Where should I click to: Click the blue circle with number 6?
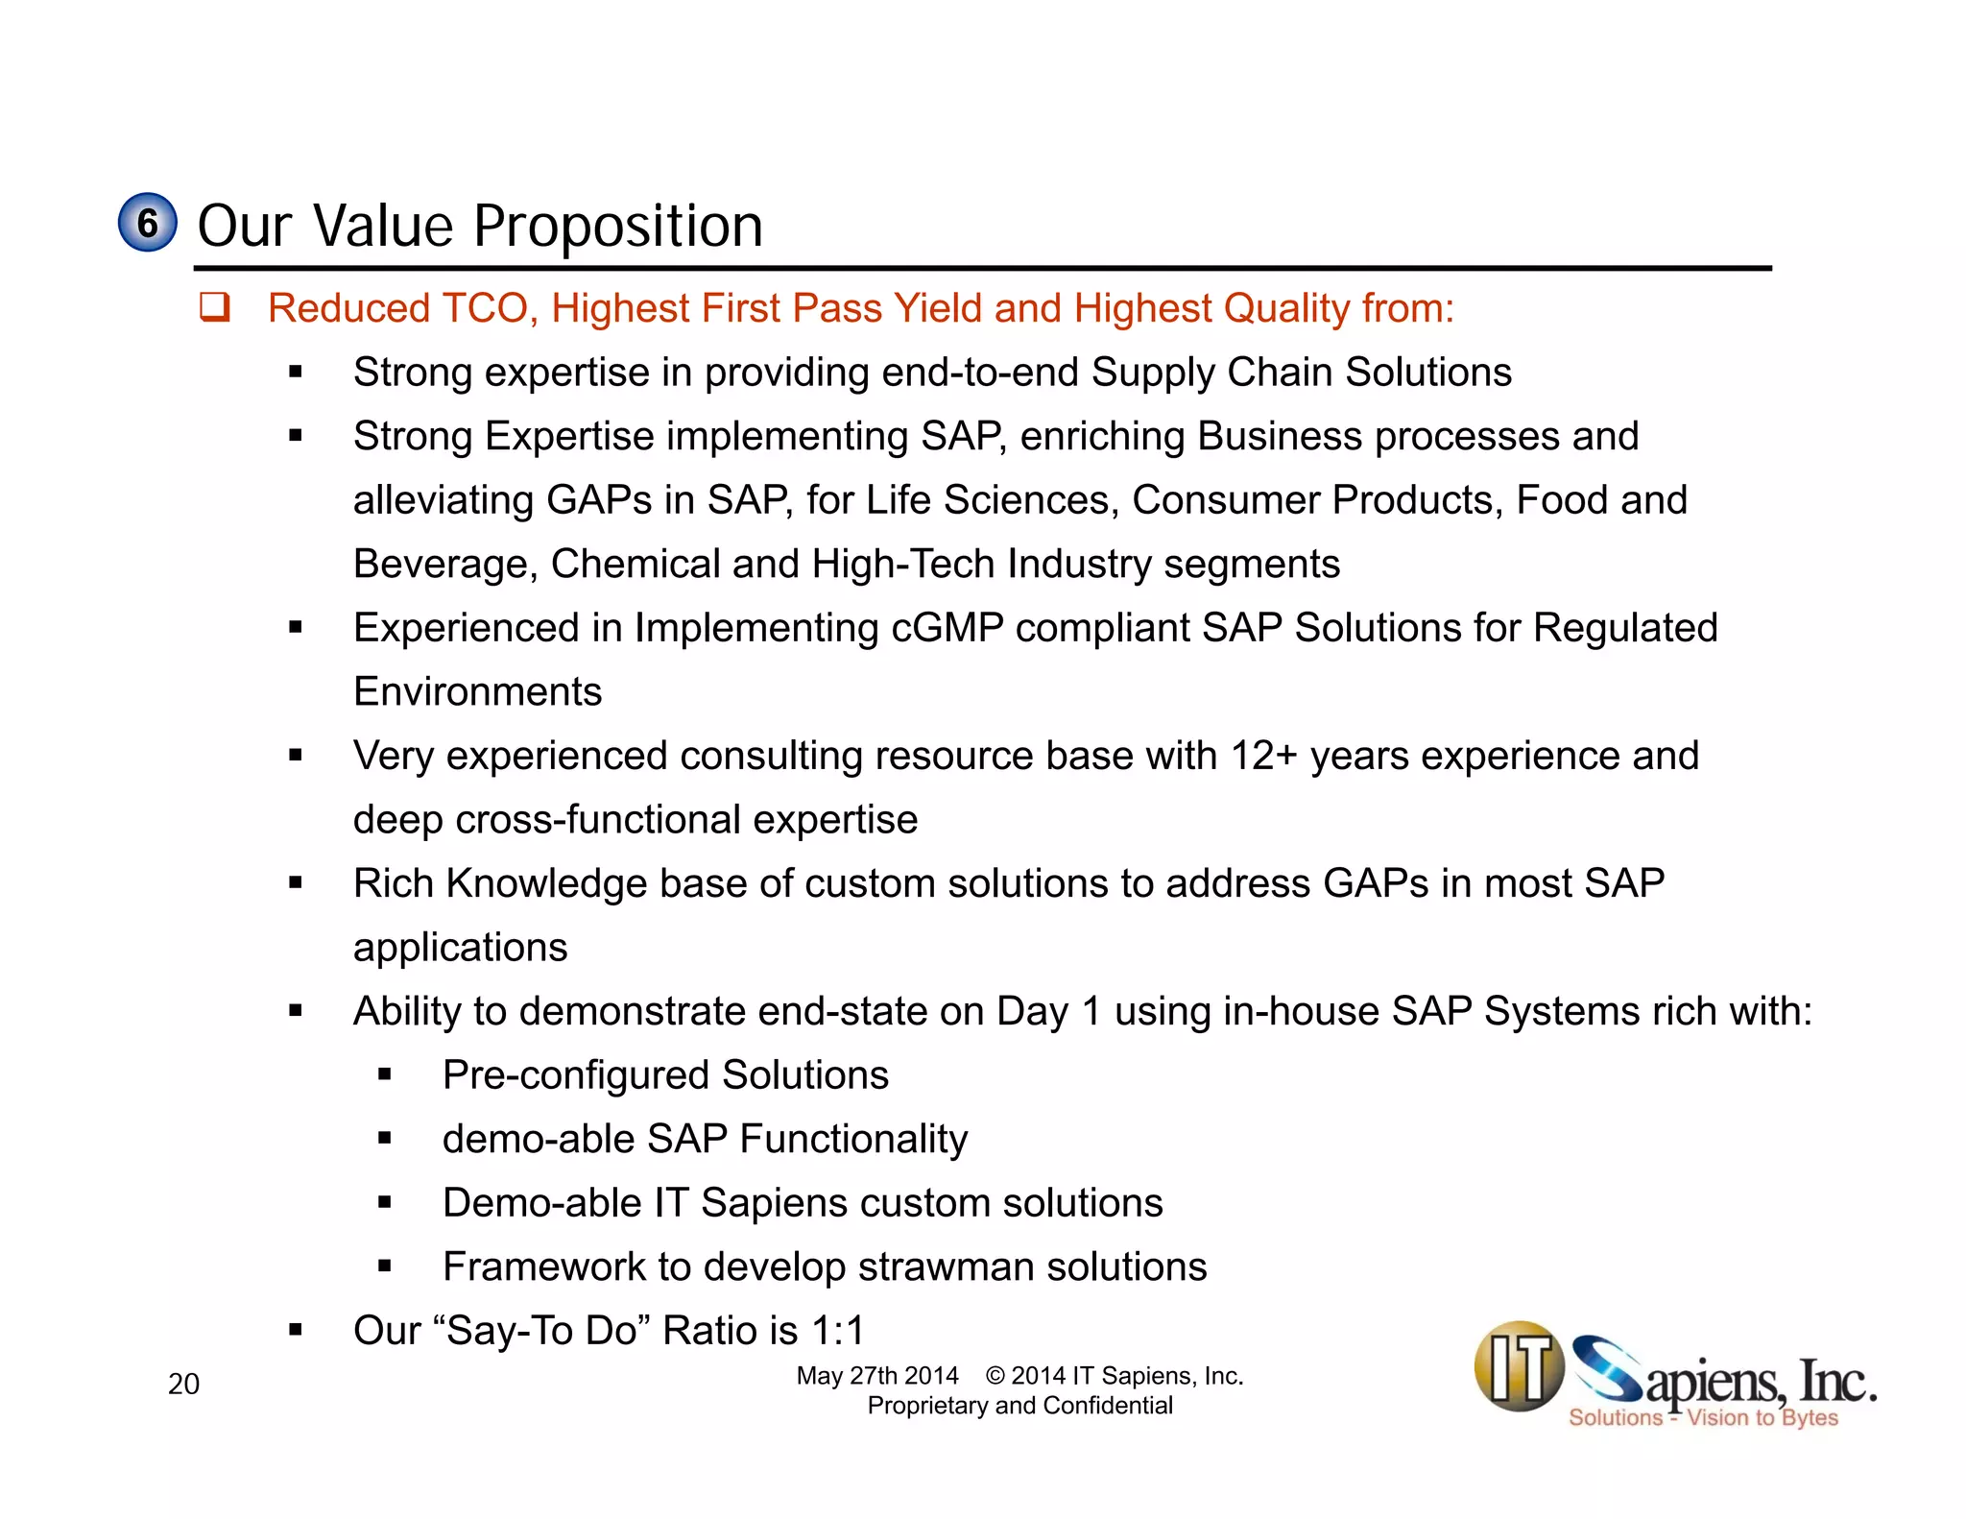tap(147, 223)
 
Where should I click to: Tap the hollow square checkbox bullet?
tap(214, 307)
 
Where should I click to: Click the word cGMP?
tap(947, 628)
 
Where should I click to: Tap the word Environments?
tap(477, 692)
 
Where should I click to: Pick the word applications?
tap(460, 948)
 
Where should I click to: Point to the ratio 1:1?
tap(838, 1331)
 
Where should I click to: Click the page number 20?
tap(183, 1384)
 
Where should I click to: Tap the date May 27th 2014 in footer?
tap(876, 1376)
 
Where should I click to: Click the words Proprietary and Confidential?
tap(1019, 1406)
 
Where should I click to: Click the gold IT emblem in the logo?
tap(1519, 1366)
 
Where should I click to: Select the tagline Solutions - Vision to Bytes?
tap(1702, 1418)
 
